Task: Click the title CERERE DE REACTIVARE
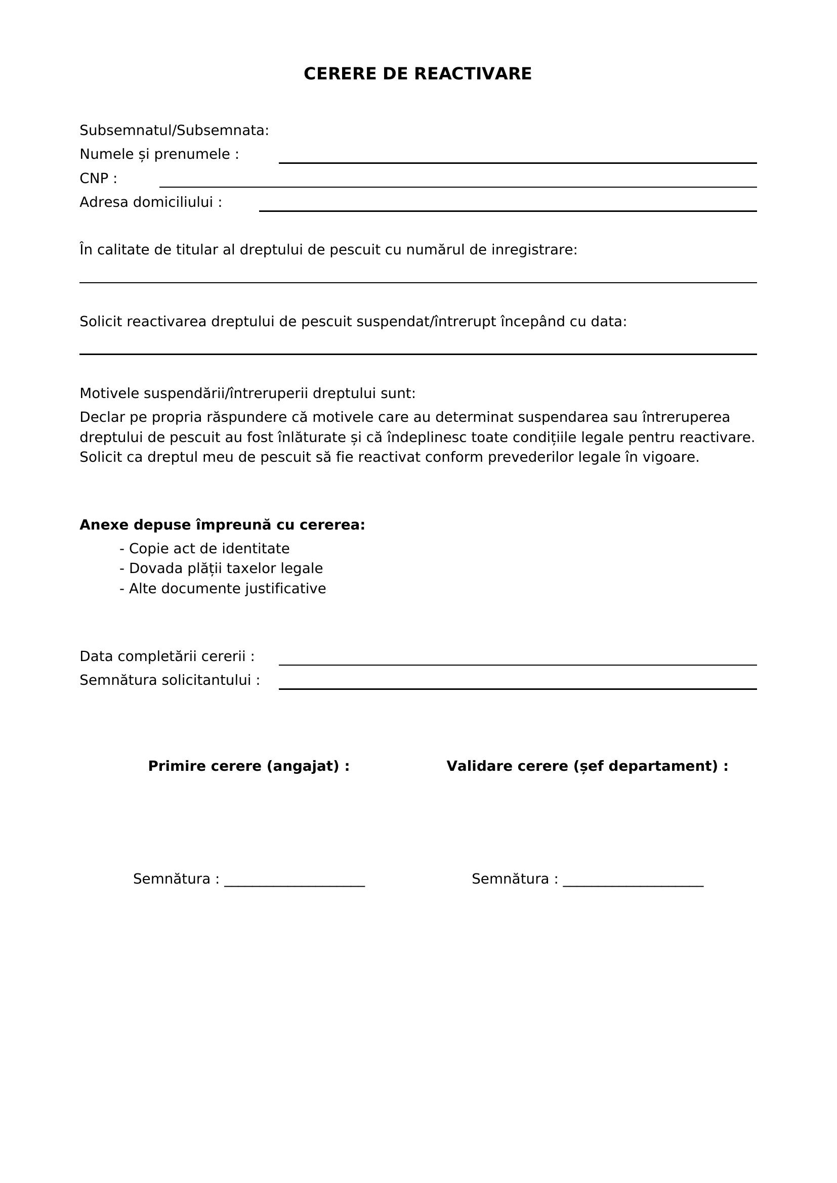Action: pyautogui.click(x=417, y=74)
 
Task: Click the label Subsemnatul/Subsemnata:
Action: pyautogui.click(x=174, y=131)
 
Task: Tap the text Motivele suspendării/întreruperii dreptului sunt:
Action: pyautogui.click(x=247, y=393)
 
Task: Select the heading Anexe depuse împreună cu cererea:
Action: pyautogui.click(x=222, y=525)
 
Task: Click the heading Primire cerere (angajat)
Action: pyautogui.click(x=248, y=766)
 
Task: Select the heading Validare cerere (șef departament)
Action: pyautogui.click(x=587, y=766)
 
